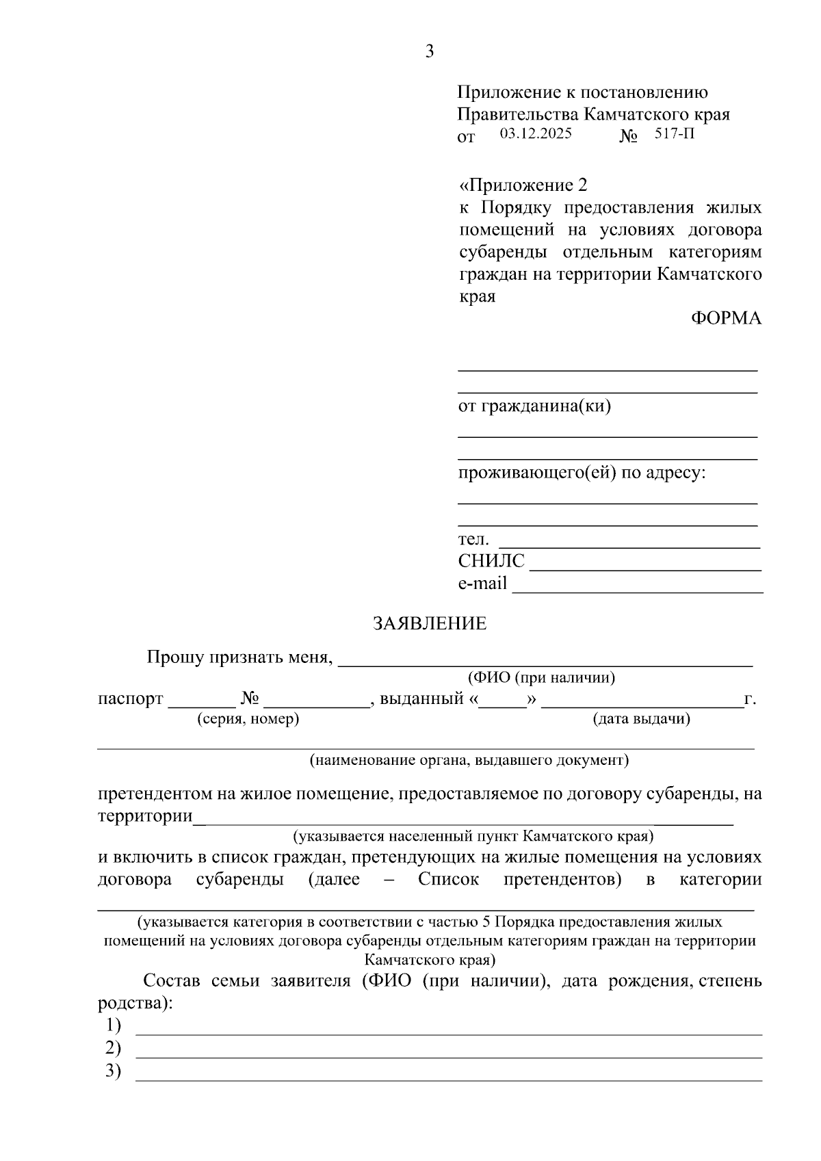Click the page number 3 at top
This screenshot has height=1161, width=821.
coord(429,51)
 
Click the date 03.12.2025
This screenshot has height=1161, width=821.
coord(535,133)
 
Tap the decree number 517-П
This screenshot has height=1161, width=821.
coord(674,133)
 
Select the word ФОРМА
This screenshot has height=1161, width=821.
coord(726,318)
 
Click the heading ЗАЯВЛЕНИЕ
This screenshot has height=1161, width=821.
coord(429,623)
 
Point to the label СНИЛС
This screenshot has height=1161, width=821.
coord(491,562)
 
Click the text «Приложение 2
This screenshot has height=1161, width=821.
coord(523,185)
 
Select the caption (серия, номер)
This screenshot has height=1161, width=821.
coord(248,719)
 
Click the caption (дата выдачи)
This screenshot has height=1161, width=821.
coord(641,719)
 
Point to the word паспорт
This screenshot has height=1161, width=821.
coord(131,699)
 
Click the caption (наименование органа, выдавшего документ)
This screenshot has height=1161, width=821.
coord(469,760)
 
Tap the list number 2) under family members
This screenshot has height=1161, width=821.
coord(113,1048)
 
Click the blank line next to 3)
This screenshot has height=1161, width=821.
coord(448,1079)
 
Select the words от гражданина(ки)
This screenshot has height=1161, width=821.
coord(534,406)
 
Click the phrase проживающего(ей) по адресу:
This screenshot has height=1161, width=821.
coord(582,473)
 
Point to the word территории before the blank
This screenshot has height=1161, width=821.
coord(144,816)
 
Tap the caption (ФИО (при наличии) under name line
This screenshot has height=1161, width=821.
coord(541,678)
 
